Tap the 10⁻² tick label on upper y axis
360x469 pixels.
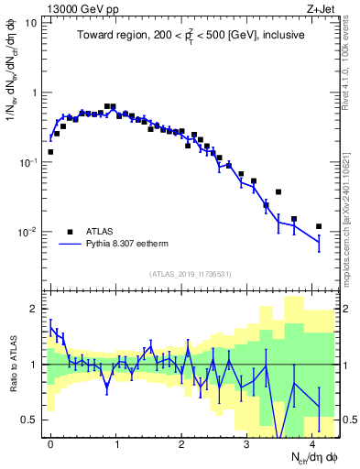[x=28, y=232]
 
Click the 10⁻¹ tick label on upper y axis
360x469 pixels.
[x=28, y=162]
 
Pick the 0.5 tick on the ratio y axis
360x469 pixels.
[x=30, y=420]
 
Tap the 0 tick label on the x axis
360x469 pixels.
[x=50, y=442]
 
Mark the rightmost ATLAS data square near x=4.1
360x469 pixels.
[x=319, y=226]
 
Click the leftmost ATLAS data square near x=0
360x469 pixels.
[x=50, y=152]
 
